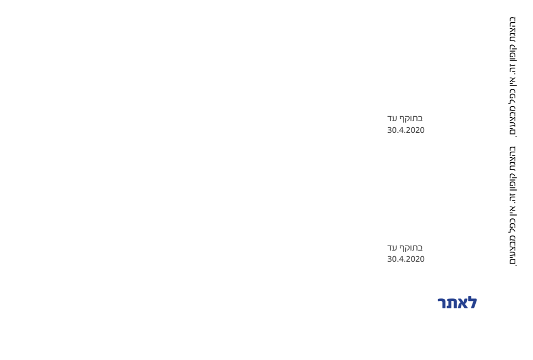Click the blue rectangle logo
[x=457, y=303]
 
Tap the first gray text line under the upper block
[x=405, y=118]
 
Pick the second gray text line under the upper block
[x=406, y=130]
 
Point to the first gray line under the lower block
[x=405, y=248]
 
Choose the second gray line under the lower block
[x=406, y=259]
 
